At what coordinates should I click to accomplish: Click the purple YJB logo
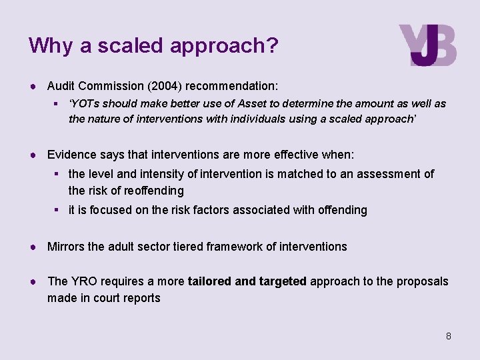[427, 45]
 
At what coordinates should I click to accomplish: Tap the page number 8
[449, 336]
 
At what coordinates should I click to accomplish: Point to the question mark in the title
[272, 45]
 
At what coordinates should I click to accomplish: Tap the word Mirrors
[66, 247]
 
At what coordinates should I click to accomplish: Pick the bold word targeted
[281, 281]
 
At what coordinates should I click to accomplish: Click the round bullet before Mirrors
[32, 247]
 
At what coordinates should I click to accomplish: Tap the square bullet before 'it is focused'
[59, 210]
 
